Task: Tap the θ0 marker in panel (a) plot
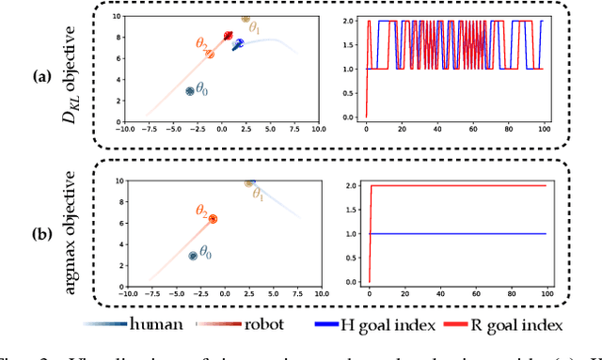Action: pos(189,91)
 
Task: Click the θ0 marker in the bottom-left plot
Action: pos(194,255)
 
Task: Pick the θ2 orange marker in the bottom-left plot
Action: pos(213,218)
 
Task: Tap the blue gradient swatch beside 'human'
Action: pos(103,324)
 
